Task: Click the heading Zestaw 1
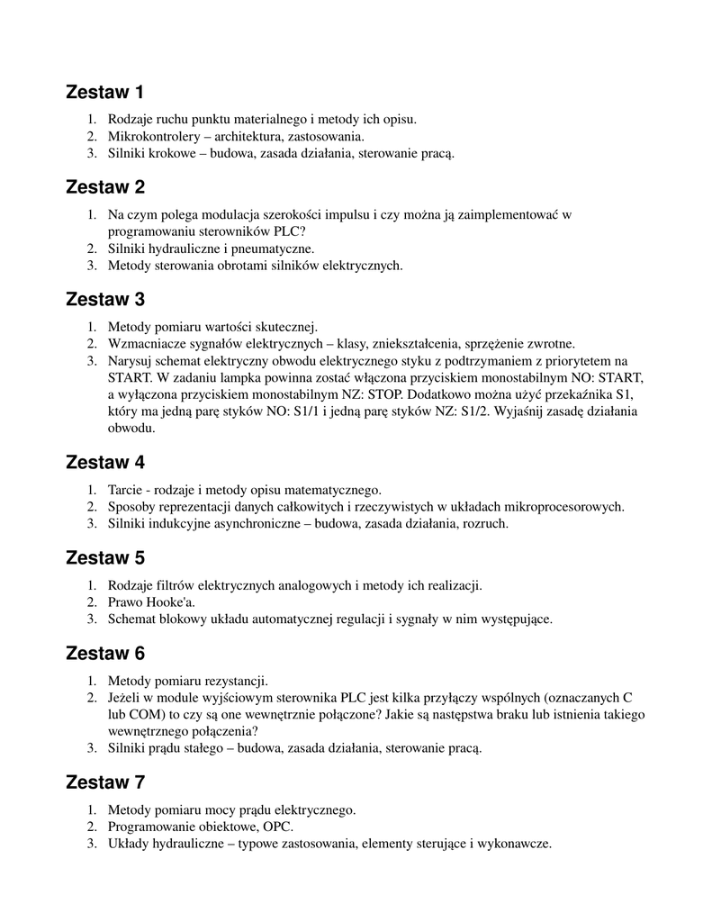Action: coord(104,92)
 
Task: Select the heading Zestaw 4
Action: coord(104,463)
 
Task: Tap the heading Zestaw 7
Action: coord(104,782)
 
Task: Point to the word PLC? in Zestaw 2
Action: coord(288,230)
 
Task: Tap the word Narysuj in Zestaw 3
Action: coord(130,360)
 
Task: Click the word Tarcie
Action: coord(125,490)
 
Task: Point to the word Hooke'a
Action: coord(169,602)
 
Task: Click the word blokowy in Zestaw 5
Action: coord(185,619)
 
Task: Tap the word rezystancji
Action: coord(234,680)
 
